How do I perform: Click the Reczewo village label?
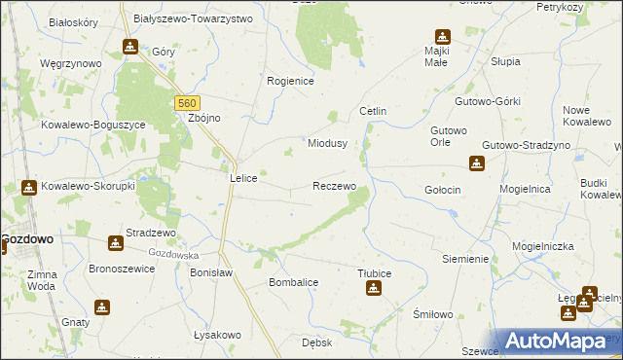(334, 185)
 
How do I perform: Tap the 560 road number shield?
(189, 101)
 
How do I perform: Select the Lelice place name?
(242, 178)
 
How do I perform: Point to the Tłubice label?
(374, 273)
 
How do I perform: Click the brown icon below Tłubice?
(374, 289)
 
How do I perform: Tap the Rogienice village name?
(290, 82)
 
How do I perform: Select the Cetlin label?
(373, 111)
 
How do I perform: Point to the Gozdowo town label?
(27, 237)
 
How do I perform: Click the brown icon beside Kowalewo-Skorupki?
(28, 187)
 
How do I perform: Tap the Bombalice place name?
(294, 282)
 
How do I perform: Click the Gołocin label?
(443, 189)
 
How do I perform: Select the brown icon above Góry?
(130, 47)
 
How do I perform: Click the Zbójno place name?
(204, 119)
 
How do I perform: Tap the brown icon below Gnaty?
(102, 307)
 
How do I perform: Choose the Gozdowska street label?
(175, 254)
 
